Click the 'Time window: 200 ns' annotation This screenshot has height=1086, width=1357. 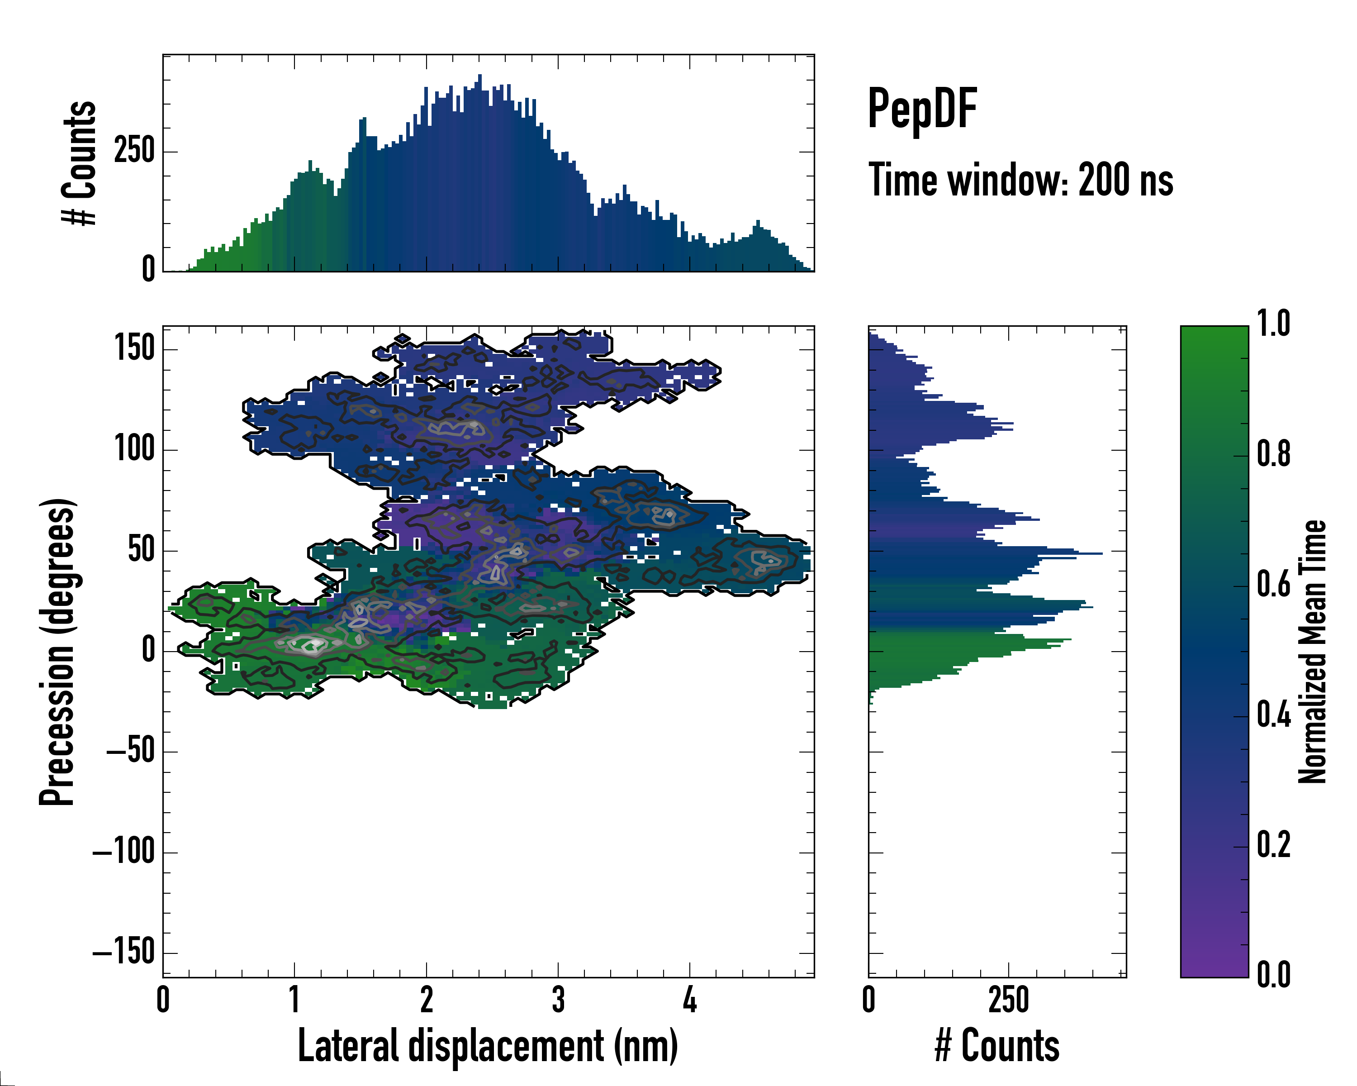pyautogui.click(x=1020, y=181)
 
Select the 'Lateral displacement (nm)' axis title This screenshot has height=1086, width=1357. pyautogui.click(x=488, y=1046)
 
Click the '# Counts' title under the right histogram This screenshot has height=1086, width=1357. pyautogui.click(x=997, y=1046)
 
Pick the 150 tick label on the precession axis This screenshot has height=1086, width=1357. pyautogui.click(x=135, y=348)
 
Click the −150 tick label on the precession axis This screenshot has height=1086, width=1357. pyautogui.click(x=123, y=952)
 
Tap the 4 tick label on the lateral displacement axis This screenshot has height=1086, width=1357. pyautogui.click(x=690, y=1000)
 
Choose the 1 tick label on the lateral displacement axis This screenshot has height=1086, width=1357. pyautogui.click(x=294, y=1000)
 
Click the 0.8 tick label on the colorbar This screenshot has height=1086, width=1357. pyautogui.click(x=1273, y=455)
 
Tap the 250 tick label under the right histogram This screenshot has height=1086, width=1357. pyautogui.click(x=1008, y=1000)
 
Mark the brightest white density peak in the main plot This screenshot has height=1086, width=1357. pyautogui.click(x=314, y=643)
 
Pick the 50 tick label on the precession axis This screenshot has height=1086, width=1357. pyautogui.click(x=141, y=550)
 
